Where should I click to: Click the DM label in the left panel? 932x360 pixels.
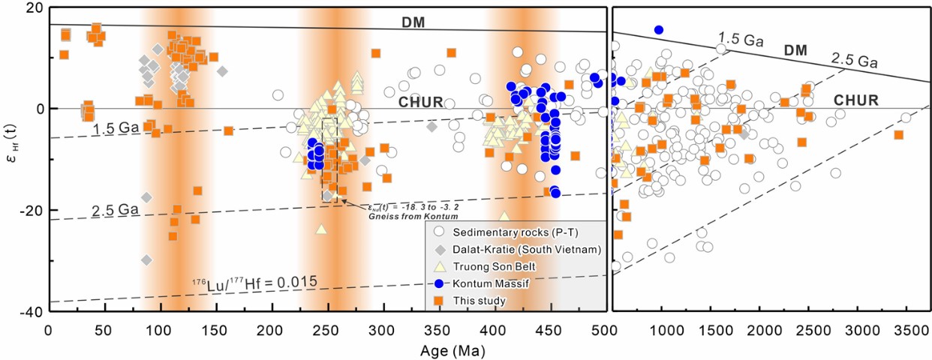point(412,22)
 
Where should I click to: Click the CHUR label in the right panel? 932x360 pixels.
point(856,99)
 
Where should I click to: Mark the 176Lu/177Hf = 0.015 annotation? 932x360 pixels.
point(254,283)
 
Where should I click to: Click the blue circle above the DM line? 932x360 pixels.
point(659,30)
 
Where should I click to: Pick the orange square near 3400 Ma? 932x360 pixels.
point(898,135)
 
